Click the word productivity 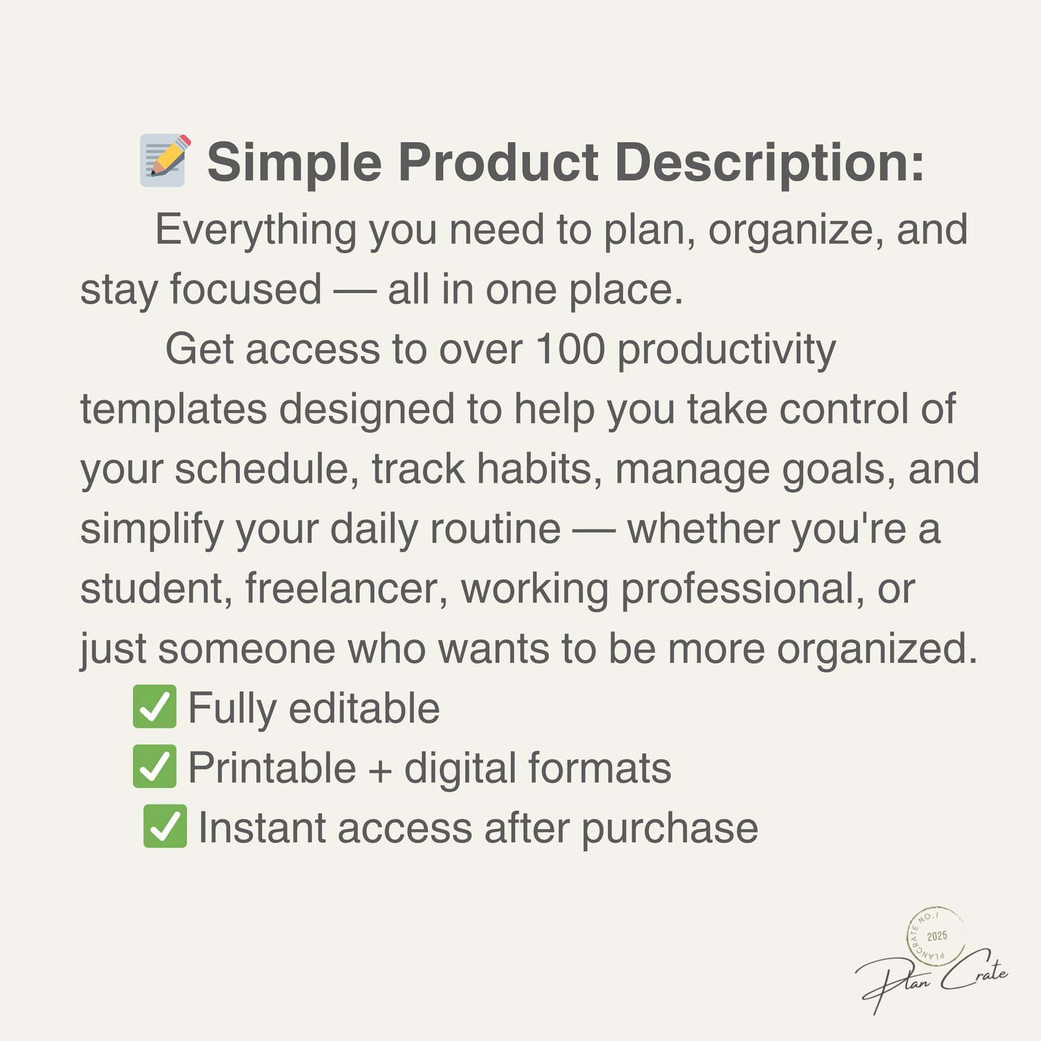[727, 351]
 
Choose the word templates [173, 409]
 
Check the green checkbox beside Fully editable [154, 706]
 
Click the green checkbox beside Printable [154, 766]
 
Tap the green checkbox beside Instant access [165, 826]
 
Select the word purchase [670, 829]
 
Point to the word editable [364, 708]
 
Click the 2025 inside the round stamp [937, 936]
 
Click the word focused [246, 289]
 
